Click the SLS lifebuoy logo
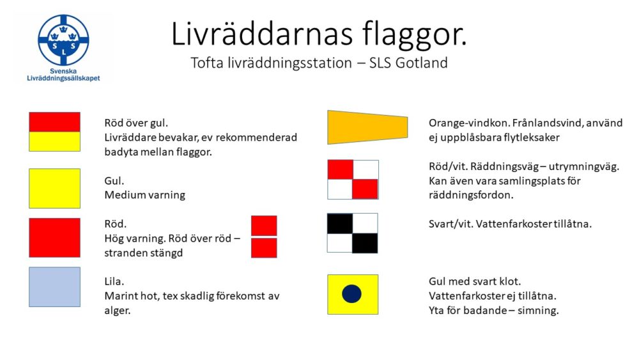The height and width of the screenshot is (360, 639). (63, 40)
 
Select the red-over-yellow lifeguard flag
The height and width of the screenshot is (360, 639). (54, 132)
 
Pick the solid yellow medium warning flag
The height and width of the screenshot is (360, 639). (54, 189)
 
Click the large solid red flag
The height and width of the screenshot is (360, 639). (54, 238)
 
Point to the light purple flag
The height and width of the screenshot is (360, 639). (54, 287)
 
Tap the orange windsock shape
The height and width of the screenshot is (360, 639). (367, 127)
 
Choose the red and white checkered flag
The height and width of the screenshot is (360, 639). (353, 180)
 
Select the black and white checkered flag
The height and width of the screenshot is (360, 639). (353, 233)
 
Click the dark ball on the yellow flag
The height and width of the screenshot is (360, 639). (351, 294)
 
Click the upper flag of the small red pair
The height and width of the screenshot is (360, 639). (264, 226)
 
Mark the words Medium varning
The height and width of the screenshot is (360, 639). (144, 195)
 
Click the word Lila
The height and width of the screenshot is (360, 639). (114, 281)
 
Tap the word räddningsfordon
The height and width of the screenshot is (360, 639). (471, 195)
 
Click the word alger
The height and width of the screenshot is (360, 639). (118, 310)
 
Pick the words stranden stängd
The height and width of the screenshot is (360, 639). (143, 253)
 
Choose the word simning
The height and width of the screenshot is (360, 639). (538, 310)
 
